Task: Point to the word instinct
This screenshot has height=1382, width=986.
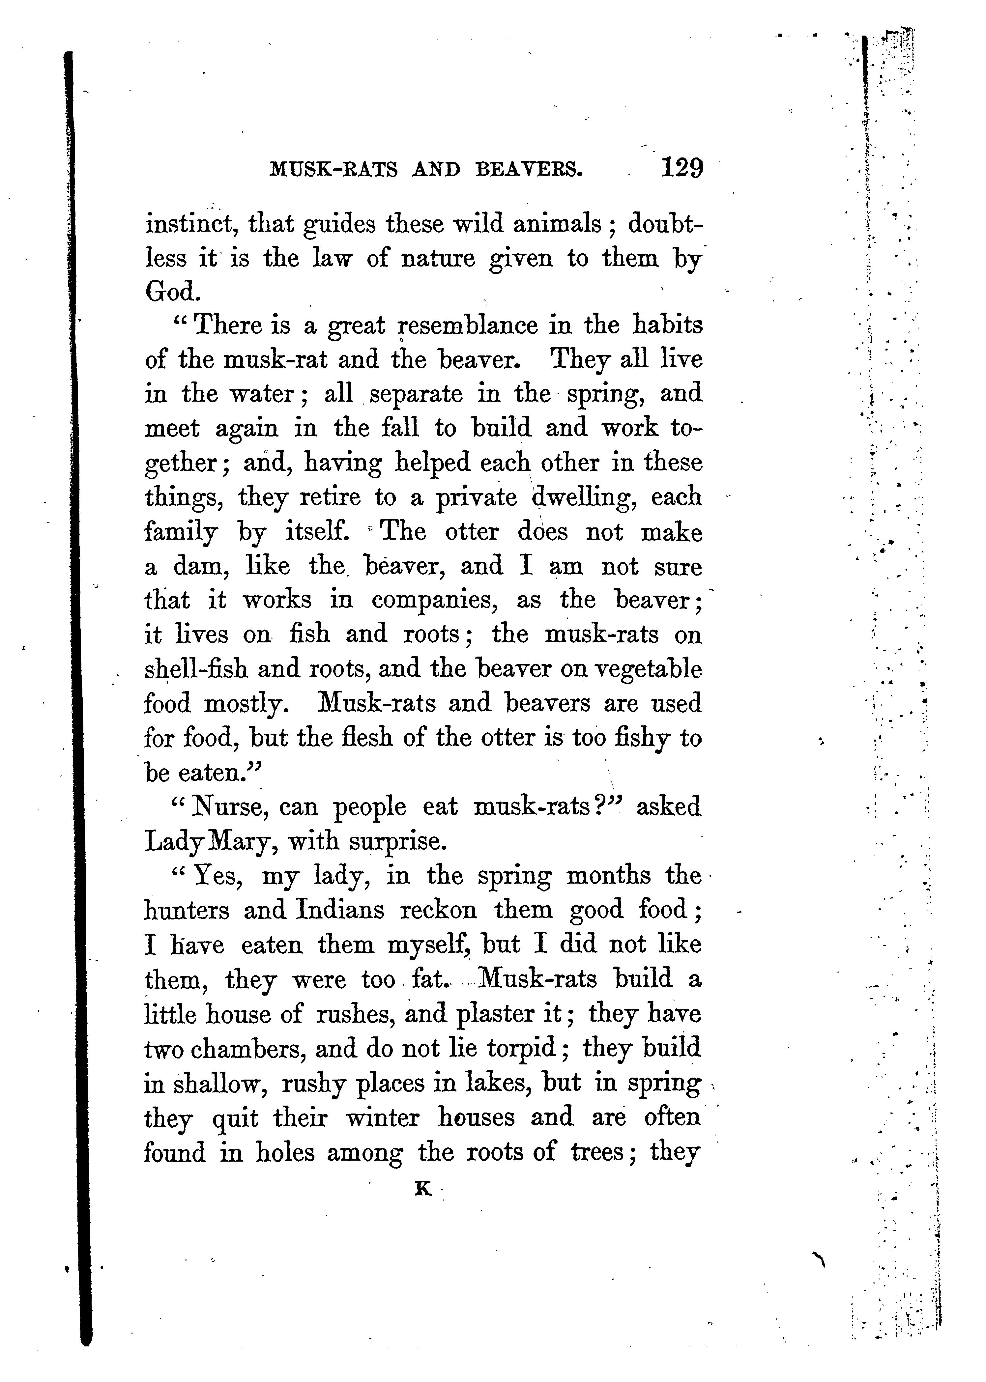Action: click(x=188, y=225)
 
